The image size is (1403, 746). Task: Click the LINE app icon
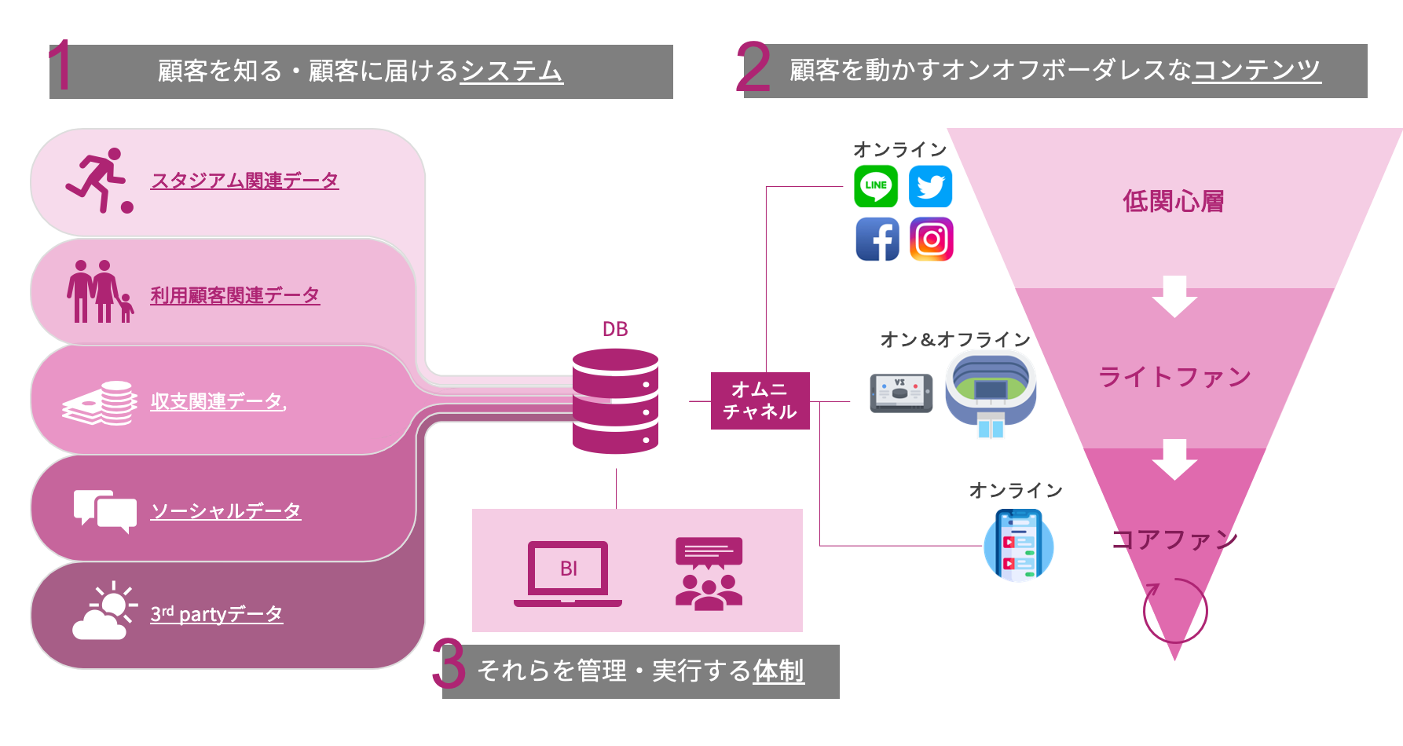(876, 186)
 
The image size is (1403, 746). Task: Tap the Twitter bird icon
(931, 186)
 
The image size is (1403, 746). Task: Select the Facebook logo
(877, 239)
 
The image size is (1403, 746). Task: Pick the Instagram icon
(932, 239)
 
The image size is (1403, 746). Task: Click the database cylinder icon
(615, 400)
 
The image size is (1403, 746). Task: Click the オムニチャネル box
(760, 400)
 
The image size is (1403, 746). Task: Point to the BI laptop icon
(568, 573)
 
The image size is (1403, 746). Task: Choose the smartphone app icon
(1018, 545)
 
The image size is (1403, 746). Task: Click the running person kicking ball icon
(99, 181)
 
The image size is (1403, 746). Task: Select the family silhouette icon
(100, 291)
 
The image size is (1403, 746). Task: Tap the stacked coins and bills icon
(100, 403)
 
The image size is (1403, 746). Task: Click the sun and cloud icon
(104, 611)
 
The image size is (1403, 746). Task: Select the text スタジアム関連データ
(244, 181)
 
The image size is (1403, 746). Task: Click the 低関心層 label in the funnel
(1174, 201)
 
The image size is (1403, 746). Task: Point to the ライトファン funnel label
(1174, 377)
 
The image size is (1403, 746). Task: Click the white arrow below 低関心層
(1174, 296)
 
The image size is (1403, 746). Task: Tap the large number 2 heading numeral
(753, 68)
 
